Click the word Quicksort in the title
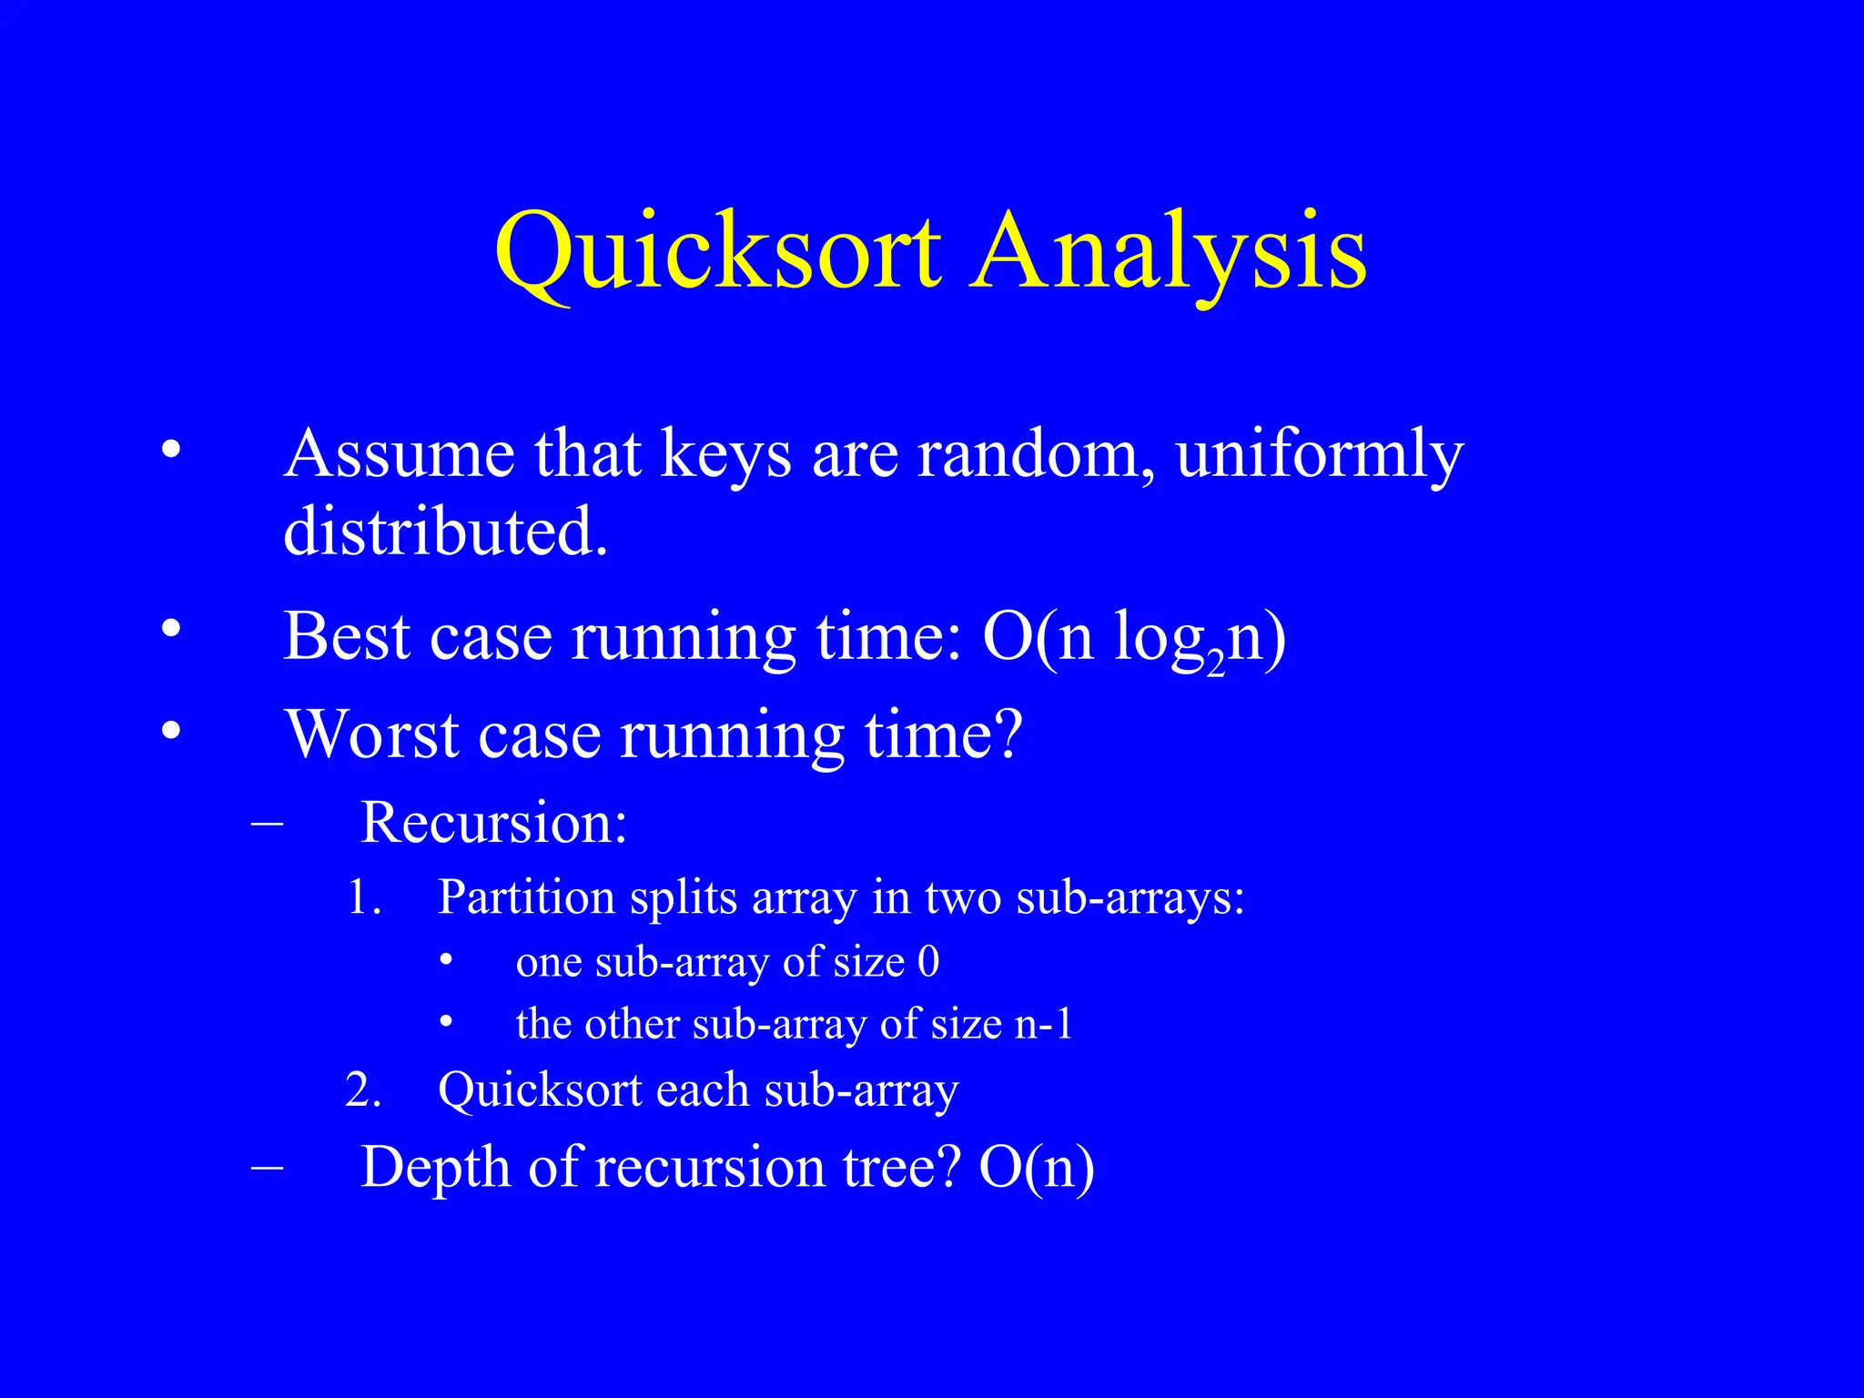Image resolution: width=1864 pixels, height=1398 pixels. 717,252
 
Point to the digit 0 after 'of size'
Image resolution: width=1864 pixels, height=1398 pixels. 928,962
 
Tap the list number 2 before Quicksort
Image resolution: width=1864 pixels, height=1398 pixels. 362,1090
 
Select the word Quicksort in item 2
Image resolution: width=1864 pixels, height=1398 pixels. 537,1090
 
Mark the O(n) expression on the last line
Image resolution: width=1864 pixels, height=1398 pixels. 1036,1167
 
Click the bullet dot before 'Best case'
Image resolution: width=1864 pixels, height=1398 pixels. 170,629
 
